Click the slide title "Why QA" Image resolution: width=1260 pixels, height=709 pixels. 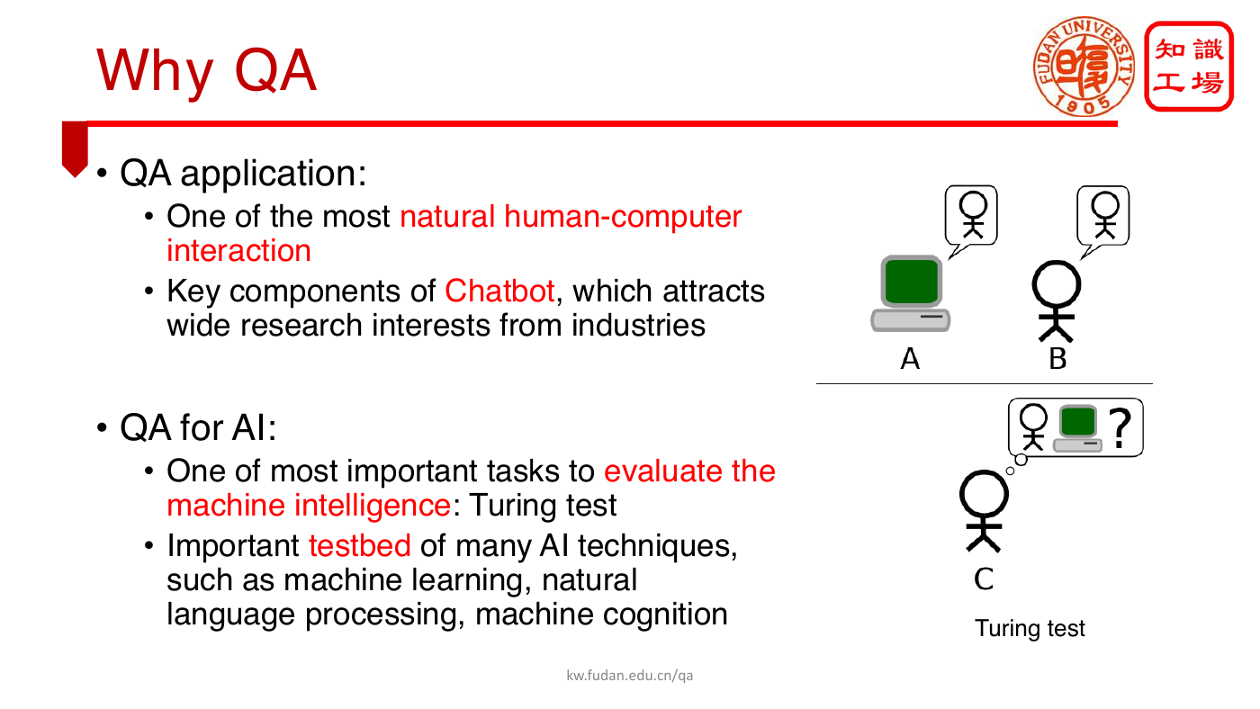coord(206,71)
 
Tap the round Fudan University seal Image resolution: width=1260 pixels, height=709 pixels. coord(1084,67)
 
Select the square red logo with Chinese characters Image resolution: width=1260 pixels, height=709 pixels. coord(1189,66)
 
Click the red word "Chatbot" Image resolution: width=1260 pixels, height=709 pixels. coord(499,292)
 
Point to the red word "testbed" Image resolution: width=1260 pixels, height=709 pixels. coord(359,546)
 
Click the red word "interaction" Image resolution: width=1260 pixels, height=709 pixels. coord(238,250)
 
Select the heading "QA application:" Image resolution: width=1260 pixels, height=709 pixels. coord(243,173)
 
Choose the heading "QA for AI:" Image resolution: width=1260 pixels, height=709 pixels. coord(198,428)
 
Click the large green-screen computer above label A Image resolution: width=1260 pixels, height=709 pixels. coord(911,293)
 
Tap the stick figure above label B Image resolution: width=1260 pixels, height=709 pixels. coord(1056,301)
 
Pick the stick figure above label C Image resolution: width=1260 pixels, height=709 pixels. coord(983,510)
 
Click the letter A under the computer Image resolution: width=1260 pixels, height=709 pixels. coord(910,359)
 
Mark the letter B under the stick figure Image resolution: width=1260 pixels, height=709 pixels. coord(1057,359)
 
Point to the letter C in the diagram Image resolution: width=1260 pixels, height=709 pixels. coord(984,579)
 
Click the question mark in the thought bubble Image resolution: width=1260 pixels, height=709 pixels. coord(1120,428)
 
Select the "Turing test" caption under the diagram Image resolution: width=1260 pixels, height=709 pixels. coord(1030,629)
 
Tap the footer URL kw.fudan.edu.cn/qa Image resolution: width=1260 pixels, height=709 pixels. coord(629,676)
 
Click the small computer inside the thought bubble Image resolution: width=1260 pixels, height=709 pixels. coord(1077,428)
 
